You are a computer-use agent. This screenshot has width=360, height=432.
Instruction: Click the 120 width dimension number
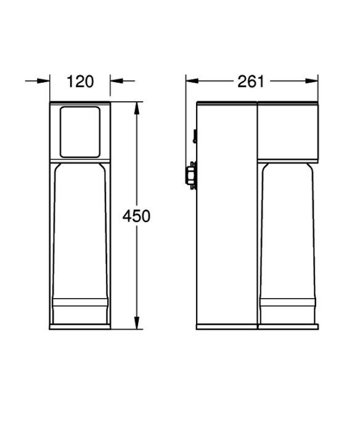[x=80, y=81]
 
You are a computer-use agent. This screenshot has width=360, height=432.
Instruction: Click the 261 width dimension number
[x=251, y=81]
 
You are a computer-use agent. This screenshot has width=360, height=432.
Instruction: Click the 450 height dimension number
[x=136, y=216]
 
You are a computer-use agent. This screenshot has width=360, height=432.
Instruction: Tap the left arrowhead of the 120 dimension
[x=44, y=81]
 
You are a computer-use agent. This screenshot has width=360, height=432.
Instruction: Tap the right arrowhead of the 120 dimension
[x=117, y=81]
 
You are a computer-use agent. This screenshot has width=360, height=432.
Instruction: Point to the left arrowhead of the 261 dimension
[x=192, y=81]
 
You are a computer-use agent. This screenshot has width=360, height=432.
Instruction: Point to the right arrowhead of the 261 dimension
[x=311, y=81]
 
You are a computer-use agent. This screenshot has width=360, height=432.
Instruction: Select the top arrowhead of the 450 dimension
[x=137, y=109]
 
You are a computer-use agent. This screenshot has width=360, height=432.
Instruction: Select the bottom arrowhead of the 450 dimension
[x=137, y=322]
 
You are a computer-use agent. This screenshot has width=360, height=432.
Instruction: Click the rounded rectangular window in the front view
[x=80, y=132]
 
